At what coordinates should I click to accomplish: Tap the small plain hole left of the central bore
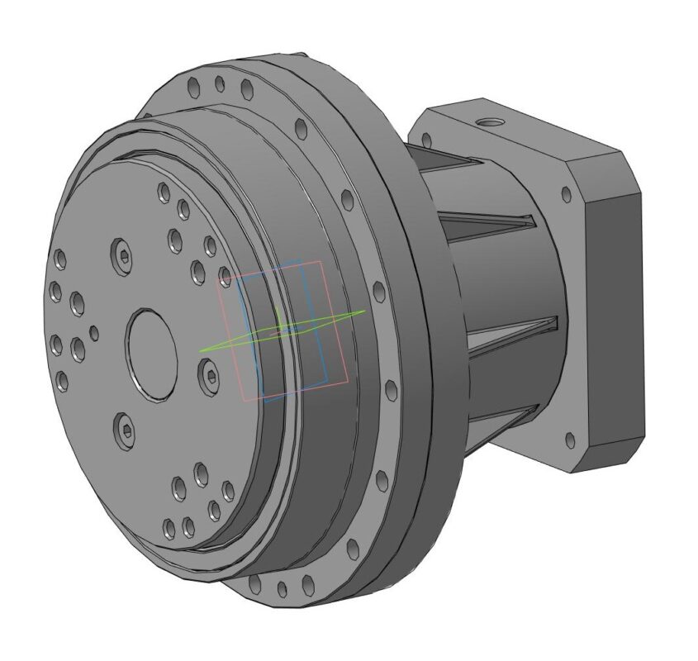click(93, 333)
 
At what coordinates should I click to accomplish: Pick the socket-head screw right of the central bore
click(210, 377)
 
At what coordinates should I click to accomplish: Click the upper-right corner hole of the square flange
click(566, 195)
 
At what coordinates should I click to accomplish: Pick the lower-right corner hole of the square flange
click(569, 439)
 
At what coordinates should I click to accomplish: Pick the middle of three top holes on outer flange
click(219, 83)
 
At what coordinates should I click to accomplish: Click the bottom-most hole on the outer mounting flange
click(282, 589)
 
